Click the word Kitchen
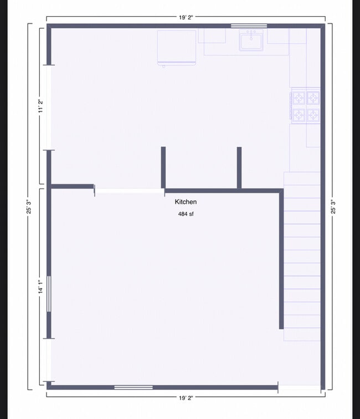(x=186, y=202)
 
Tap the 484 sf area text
(x=186, y=213)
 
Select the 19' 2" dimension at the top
(x=186, y=18)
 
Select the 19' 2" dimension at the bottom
(x=186, y=398)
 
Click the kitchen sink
(x=251, y=40)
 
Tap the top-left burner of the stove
(x=299, y=98)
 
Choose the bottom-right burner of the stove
(x=313, y=115)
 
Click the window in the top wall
(x=249, y=26)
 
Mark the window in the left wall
(x=49, y=294)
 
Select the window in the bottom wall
(x=133, y=387)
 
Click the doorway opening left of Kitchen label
(x=129, y=191)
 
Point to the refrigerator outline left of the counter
(x=177, y=48)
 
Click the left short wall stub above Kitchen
(x=163, y=167)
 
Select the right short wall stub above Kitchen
(x=239, y=167)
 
